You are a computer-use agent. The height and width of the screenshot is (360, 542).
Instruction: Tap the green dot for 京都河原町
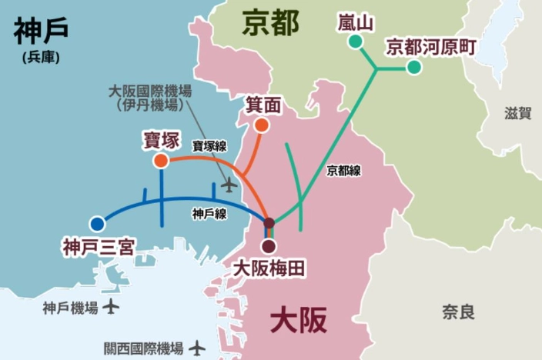(x=414, y=68)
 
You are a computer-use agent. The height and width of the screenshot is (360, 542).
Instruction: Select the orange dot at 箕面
(x=262, y=125)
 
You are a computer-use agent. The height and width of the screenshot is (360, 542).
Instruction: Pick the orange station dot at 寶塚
(x=161, y=161)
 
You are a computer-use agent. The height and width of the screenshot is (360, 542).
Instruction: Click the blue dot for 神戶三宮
(x=97, y=224)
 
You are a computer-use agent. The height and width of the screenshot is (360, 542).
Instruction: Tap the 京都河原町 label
(x=431, y=47)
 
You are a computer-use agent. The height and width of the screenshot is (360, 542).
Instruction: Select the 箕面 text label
(x=262, y=105)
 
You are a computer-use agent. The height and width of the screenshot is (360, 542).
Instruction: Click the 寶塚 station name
(x=161, y=141)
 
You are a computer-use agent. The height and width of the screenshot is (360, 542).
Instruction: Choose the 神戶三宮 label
(x=99, y=247)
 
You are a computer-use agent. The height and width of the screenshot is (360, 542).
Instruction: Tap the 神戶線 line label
(x=209, y=214)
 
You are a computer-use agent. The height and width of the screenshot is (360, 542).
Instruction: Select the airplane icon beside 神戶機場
(x=112, y=308)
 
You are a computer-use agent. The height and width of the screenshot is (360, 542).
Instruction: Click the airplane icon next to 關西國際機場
(x=197, y=348)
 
